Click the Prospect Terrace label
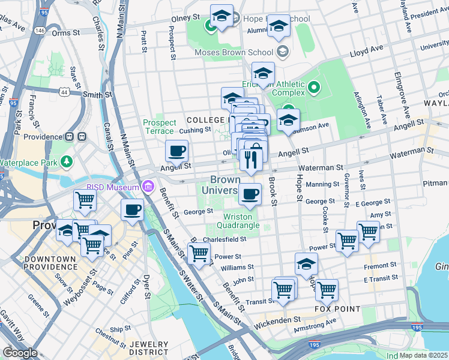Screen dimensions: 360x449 [x=159, y=127]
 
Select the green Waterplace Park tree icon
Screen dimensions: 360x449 [x=65, y=162]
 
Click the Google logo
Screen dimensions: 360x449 [x=20, y=352]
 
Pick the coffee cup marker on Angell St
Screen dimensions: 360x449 [x=176, y=152]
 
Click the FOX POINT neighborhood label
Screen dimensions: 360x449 [x=338, y=309]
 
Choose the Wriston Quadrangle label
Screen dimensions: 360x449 [x=241, y=221]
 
